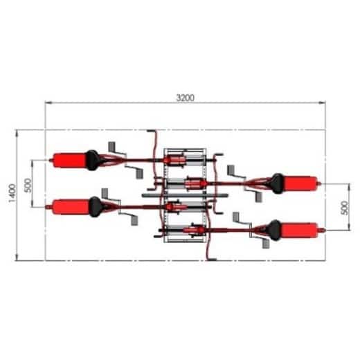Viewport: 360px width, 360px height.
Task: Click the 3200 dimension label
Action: pyautogui.click(x=184, y=98)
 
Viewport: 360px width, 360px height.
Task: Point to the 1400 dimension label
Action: pyautogui.click(x=10, y=195)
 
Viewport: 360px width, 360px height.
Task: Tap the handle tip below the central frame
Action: pyautogui.click(x=211, y=258)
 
